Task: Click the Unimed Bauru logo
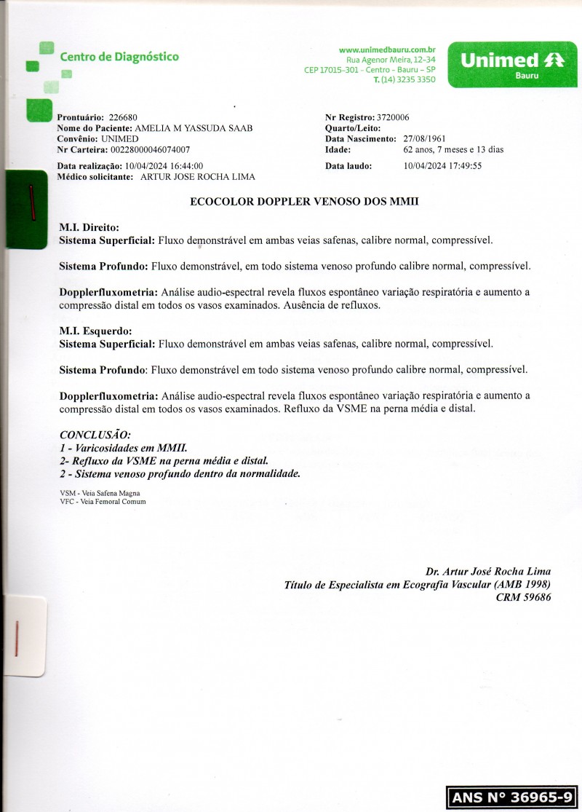coord(512,65)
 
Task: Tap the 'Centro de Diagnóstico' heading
coord(119,57)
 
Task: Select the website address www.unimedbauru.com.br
coord(387,50)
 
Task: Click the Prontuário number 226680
coord(122,117)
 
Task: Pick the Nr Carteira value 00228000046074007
coord(151,149)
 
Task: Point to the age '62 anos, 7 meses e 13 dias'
coord(453,149)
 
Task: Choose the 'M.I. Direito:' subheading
coord(89,228)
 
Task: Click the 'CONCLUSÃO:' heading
coord(95,435)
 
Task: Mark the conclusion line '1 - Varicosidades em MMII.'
coord(124,447)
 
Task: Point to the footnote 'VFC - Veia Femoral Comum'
coord(103,501)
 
